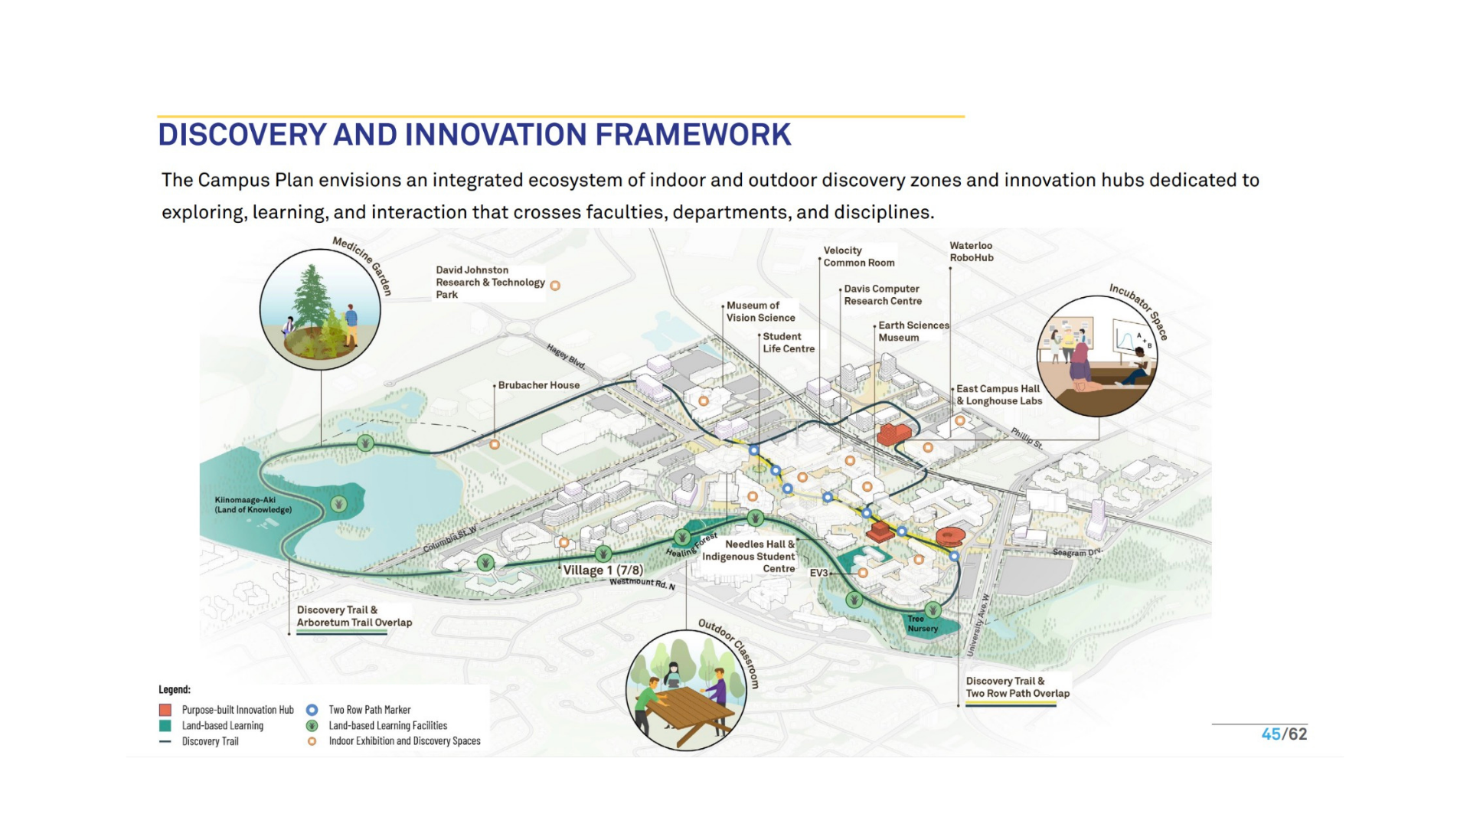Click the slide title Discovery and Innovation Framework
coord(474,135)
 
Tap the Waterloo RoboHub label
coord(972,252)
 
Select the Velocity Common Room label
coord(859,257)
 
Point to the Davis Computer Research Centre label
coord(883,295)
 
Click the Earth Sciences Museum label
coord(913,332)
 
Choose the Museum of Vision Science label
coord(761,312)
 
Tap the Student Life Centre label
coord(789,342)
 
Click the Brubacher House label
coord(539,385)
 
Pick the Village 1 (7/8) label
coord(603,570)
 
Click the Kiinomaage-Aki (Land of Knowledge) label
coord(253,505)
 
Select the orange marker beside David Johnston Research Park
coord(555,286)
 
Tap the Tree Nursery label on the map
coord(923,624)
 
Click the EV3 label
coord(818,573)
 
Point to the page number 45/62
coord(1284,734)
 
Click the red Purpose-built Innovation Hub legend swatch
coord(165,710)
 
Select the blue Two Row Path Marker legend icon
coord(312,710)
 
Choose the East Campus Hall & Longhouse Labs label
coord(999,395)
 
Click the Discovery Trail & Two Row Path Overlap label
coord(1018,688)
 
